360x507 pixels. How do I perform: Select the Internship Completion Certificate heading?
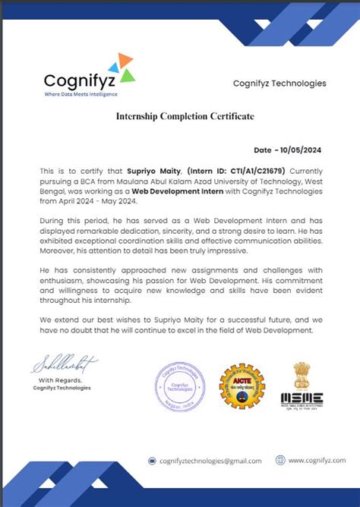tap(185, 116)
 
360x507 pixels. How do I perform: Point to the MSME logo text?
tap(302, 398)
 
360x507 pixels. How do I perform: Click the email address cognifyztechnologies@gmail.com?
tap(210, 461)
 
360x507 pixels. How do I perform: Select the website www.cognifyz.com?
tap(313, 461)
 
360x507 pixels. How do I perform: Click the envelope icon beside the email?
tap(152, 461)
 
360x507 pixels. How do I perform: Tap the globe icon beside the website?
tap(280, 460)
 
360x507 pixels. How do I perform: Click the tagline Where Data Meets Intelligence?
tap(81, 93)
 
